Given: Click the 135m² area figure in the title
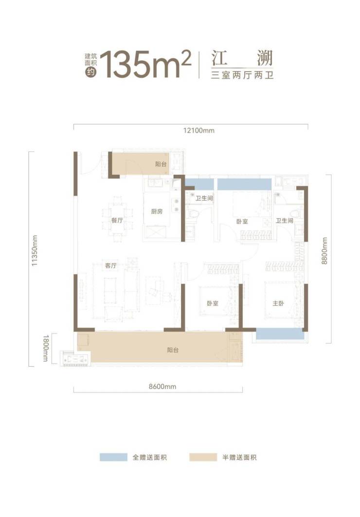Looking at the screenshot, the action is pyautogui.click(x=145, y=64).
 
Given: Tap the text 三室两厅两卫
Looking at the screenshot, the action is pyautogui.click(x=242, y=75).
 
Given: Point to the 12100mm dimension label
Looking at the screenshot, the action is pyautogui.click(x=199, y=130).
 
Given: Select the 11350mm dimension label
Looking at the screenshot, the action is pyautogui.click(x=35, y=251).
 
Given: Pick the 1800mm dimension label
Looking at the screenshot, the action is pyautogui.click(x=45, y=348).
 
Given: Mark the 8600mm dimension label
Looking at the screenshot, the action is pyautogui.click(x=162, y=387).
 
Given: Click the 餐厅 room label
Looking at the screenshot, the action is pyautogui.click(x=117, y=220).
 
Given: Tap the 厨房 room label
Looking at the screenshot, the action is pyautogui.click(x=157, y=211).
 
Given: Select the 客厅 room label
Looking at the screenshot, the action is pyautogui.click(x=110, y=265).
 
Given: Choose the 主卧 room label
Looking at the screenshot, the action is pyautogui.click(x=278, y=303).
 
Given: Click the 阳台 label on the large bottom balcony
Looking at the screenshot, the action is pyautogui.click(x=173, y=350).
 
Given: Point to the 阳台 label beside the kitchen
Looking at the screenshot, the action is pyautogui.click(x=161, y=164).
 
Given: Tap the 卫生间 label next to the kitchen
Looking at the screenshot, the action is pyautogui.click(x=204, y=199).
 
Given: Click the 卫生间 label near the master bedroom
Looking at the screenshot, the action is pyautogui.click(x=285, y=221).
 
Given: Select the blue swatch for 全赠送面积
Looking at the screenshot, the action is pyautogui.click(x=113, y=457).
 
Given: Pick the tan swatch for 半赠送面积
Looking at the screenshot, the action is pyautogui.click(x=203, y=457).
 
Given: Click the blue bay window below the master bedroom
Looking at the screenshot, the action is pyautogui.click(x=280, y=334).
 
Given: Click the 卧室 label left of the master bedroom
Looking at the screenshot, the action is pyautogui.click(x=213, y=303).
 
